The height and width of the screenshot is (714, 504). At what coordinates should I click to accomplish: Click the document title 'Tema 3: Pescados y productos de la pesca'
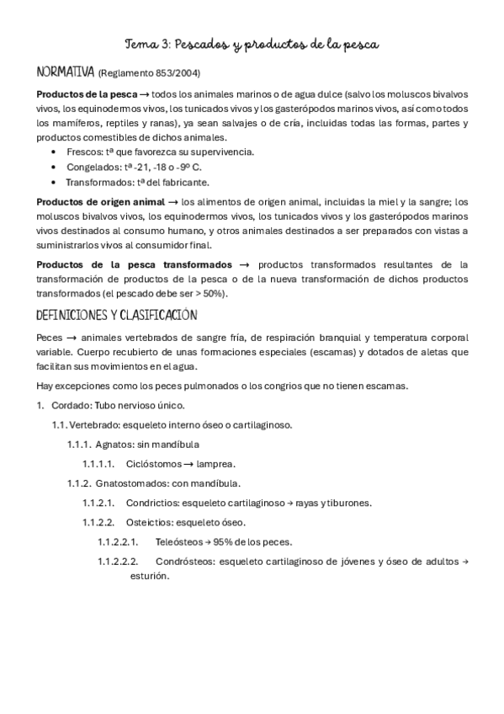click(252, 43)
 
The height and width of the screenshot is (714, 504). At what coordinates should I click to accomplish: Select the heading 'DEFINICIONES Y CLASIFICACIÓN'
click(117, 315)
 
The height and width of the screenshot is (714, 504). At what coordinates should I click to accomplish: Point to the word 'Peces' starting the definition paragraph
click(50, 338)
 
